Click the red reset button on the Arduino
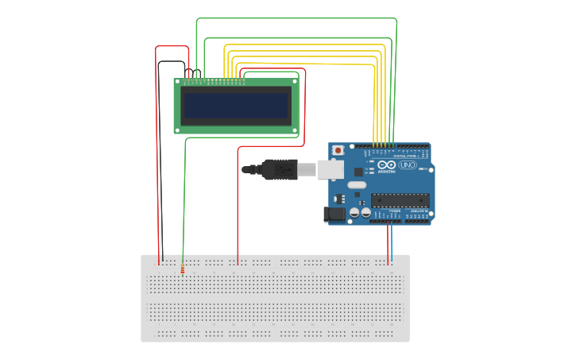point(338,150)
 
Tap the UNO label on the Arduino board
point(408,165)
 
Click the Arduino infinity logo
point(386,165)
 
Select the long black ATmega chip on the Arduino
point(400,200)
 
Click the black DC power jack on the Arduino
point(334,213)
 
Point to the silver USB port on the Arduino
point(331,168)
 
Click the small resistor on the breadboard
point(182,269)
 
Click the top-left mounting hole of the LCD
point(179,81)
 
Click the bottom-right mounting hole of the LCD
point(295,130)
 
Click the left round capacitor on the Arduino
point(354,213)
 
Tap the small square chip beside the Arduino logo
point(358,171)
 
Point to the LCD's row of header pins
point(215,80)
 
